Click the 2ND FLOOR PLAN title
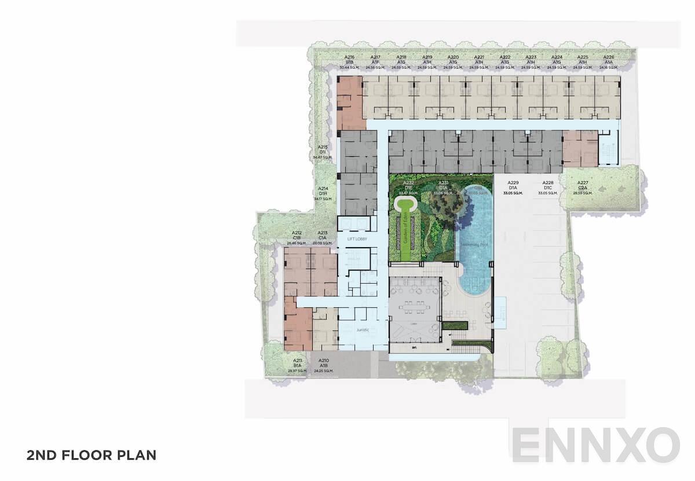click(x=91, y=455)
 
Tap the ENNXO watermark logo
click(x=595, y=446)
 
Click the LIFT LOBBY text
click(x=357, y=239)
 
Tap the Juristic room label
click(x=363, y=329)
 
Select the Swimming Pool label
click(x=474, y=245)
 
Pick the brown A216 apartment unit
click(x=350, y=102)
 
